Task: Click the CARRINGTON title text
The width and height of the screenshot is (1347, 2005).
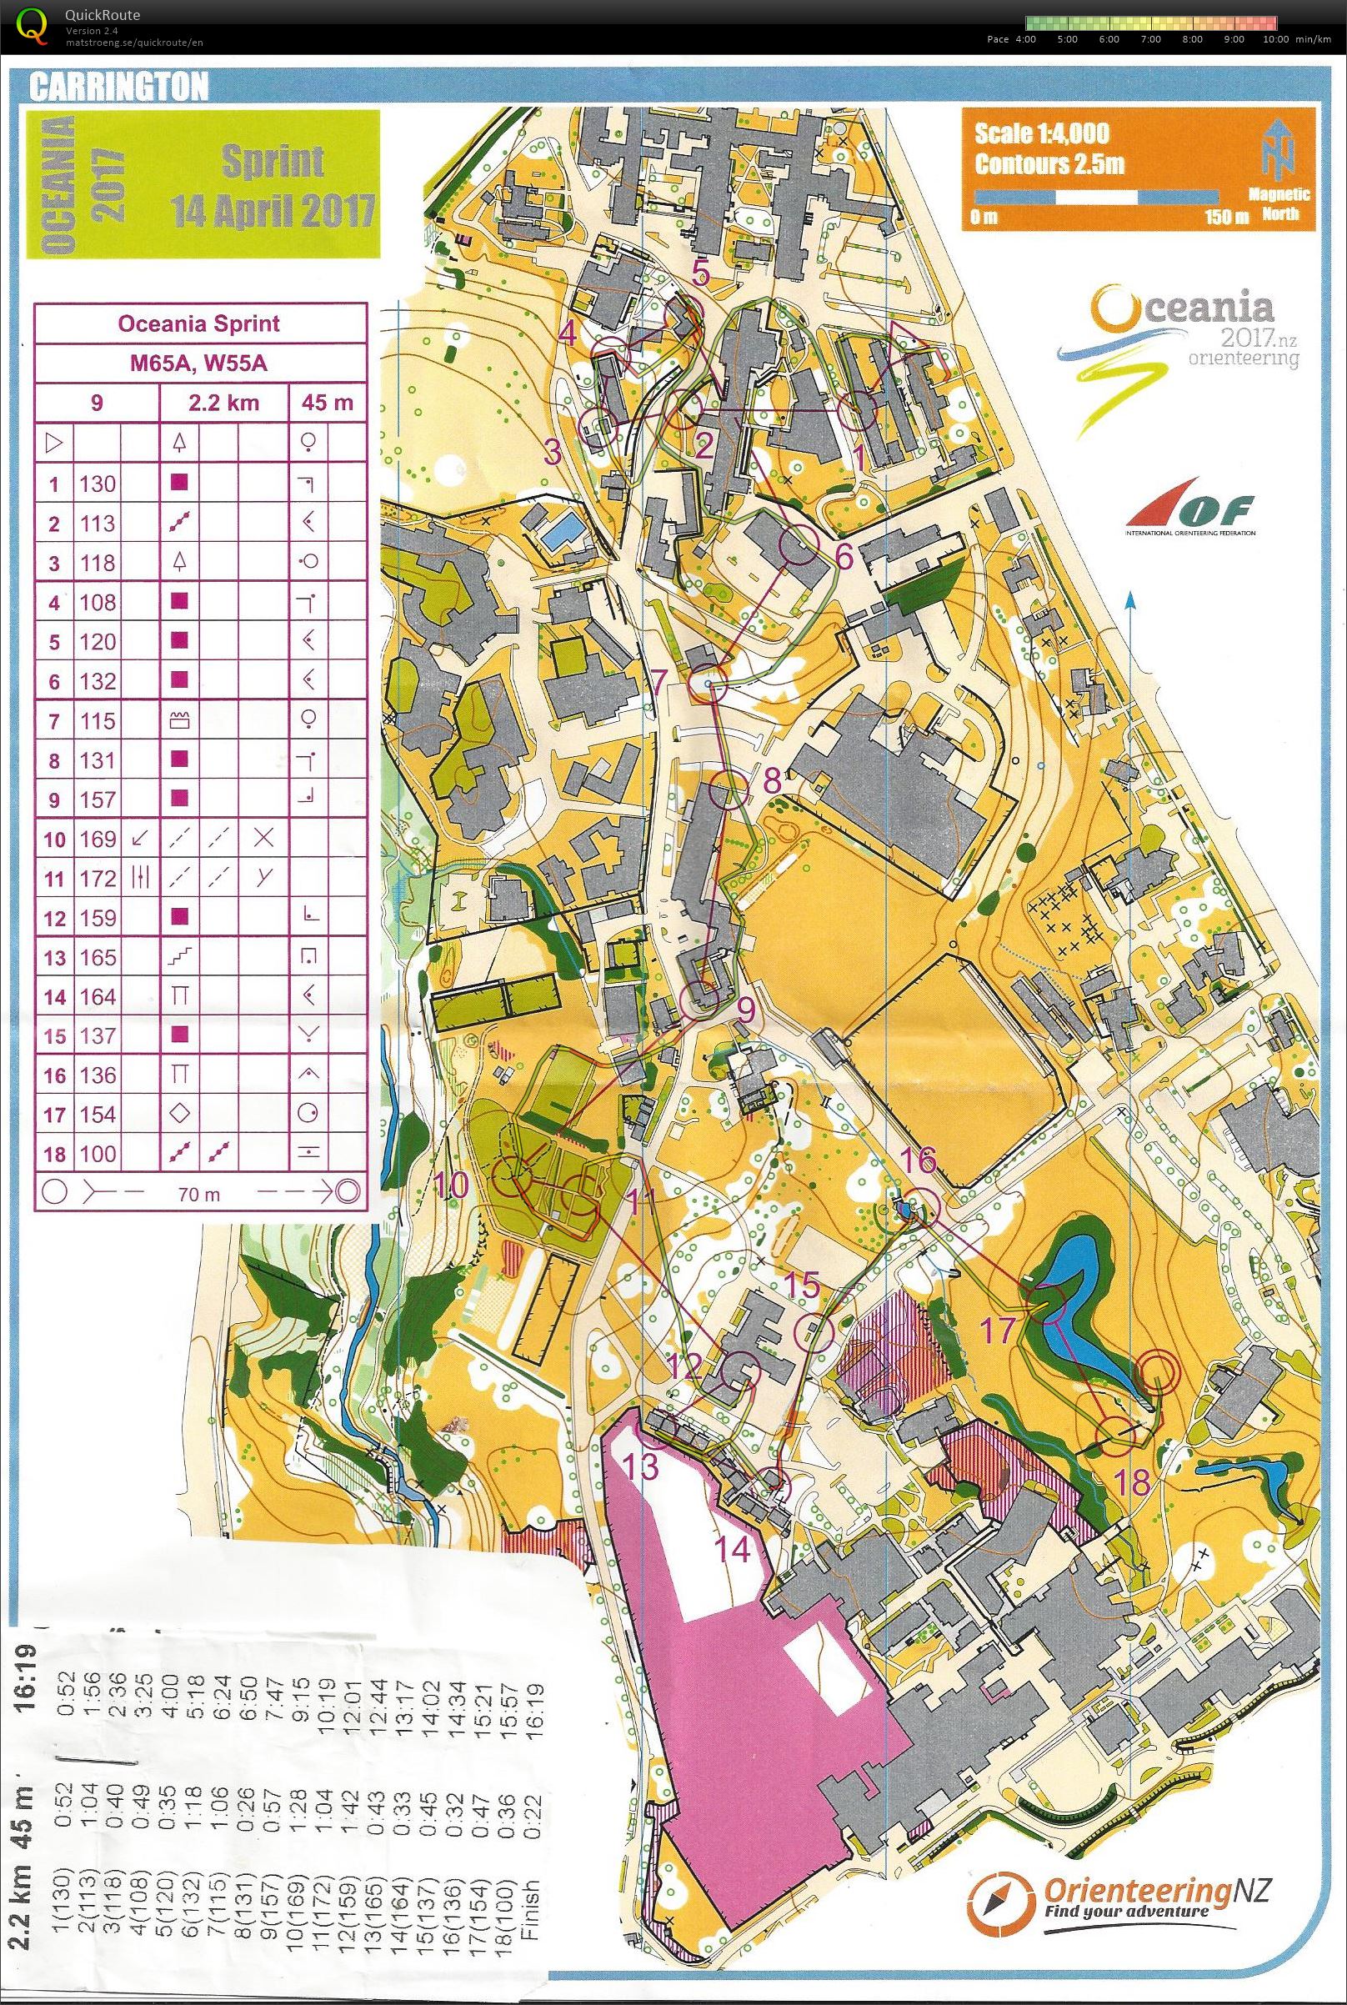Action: [118, 87]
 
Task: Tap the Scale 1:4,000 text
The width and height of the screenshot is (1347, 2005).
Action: [1040, 133]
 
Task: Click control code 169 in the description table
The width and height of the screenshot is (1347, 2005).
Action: [97, 840]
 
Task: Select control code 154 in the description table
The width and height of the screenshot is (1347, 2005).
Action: [97, 1115]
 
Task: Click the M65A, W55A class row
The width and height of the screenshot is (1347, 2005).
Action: [198, 363]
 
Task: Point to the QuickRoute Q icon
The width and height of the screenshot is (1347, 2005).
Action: [33, 23]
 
